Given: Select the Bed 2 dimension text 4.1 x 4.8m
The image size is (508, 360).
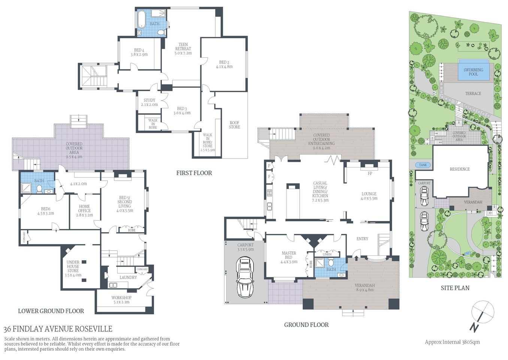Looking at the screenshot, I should click(224, 67).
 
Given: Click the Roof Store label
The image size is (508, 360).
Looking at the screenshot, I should click(235, 125).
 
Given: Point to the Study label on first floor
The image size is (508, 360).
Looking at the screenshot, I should click(149, 100).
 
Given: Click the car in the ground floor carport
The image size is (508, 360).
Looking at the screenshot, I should click(245, 277).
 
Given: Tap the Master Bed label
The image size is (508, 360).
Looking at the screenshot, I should click(289, 255).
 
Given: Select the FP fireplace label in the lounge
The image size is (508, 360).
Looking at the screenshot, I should click(370, 174).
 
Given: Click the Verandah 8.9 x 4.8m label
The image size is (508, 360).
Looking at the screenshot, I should click(365, 288).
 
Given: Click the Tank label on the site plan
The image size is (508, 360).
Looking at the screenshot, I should click(423, 165).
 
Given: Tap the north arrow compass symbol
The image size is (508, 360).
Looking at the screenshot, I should click(481, 315).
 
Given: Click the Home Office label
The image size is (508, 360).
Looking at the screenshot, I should click(84, 208).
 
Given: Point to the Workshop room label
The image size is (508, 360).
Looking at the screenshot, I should click(121, 300).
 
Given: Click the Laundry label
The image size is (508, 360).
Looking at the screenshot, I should click(128, 277).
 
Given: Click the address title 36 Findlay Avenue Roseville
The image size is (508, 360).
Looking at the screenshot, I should click(58, 329).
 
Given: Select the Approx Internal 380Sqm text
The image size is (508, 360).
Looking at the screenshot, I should click(452, 342).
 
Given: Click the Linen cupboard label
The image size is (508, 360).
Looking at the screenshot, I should click(327, 254).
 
